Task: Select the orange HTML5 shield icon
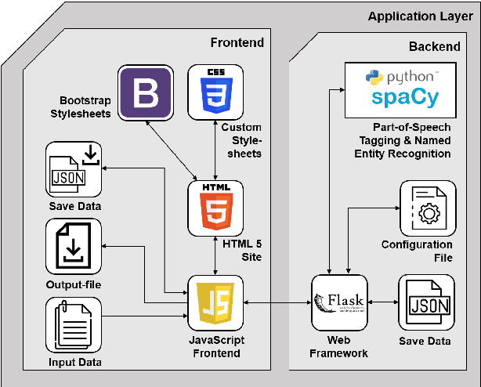point(215,208)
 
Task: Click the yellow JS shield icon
point(215,302)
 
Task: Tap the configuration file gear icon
point(428,208)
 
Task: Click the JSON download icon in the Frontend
point(74,170)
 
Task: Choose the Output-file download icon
point(74,247)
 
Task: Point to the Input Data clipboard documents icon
point(74,324)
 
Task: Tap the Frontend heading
point(237,42)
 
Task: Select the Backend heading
point(434,46)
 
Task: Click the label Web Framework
point(340,346)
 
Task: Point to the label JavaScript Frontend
point(217,346)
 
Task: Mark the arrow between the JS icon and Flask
point(277,302)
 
